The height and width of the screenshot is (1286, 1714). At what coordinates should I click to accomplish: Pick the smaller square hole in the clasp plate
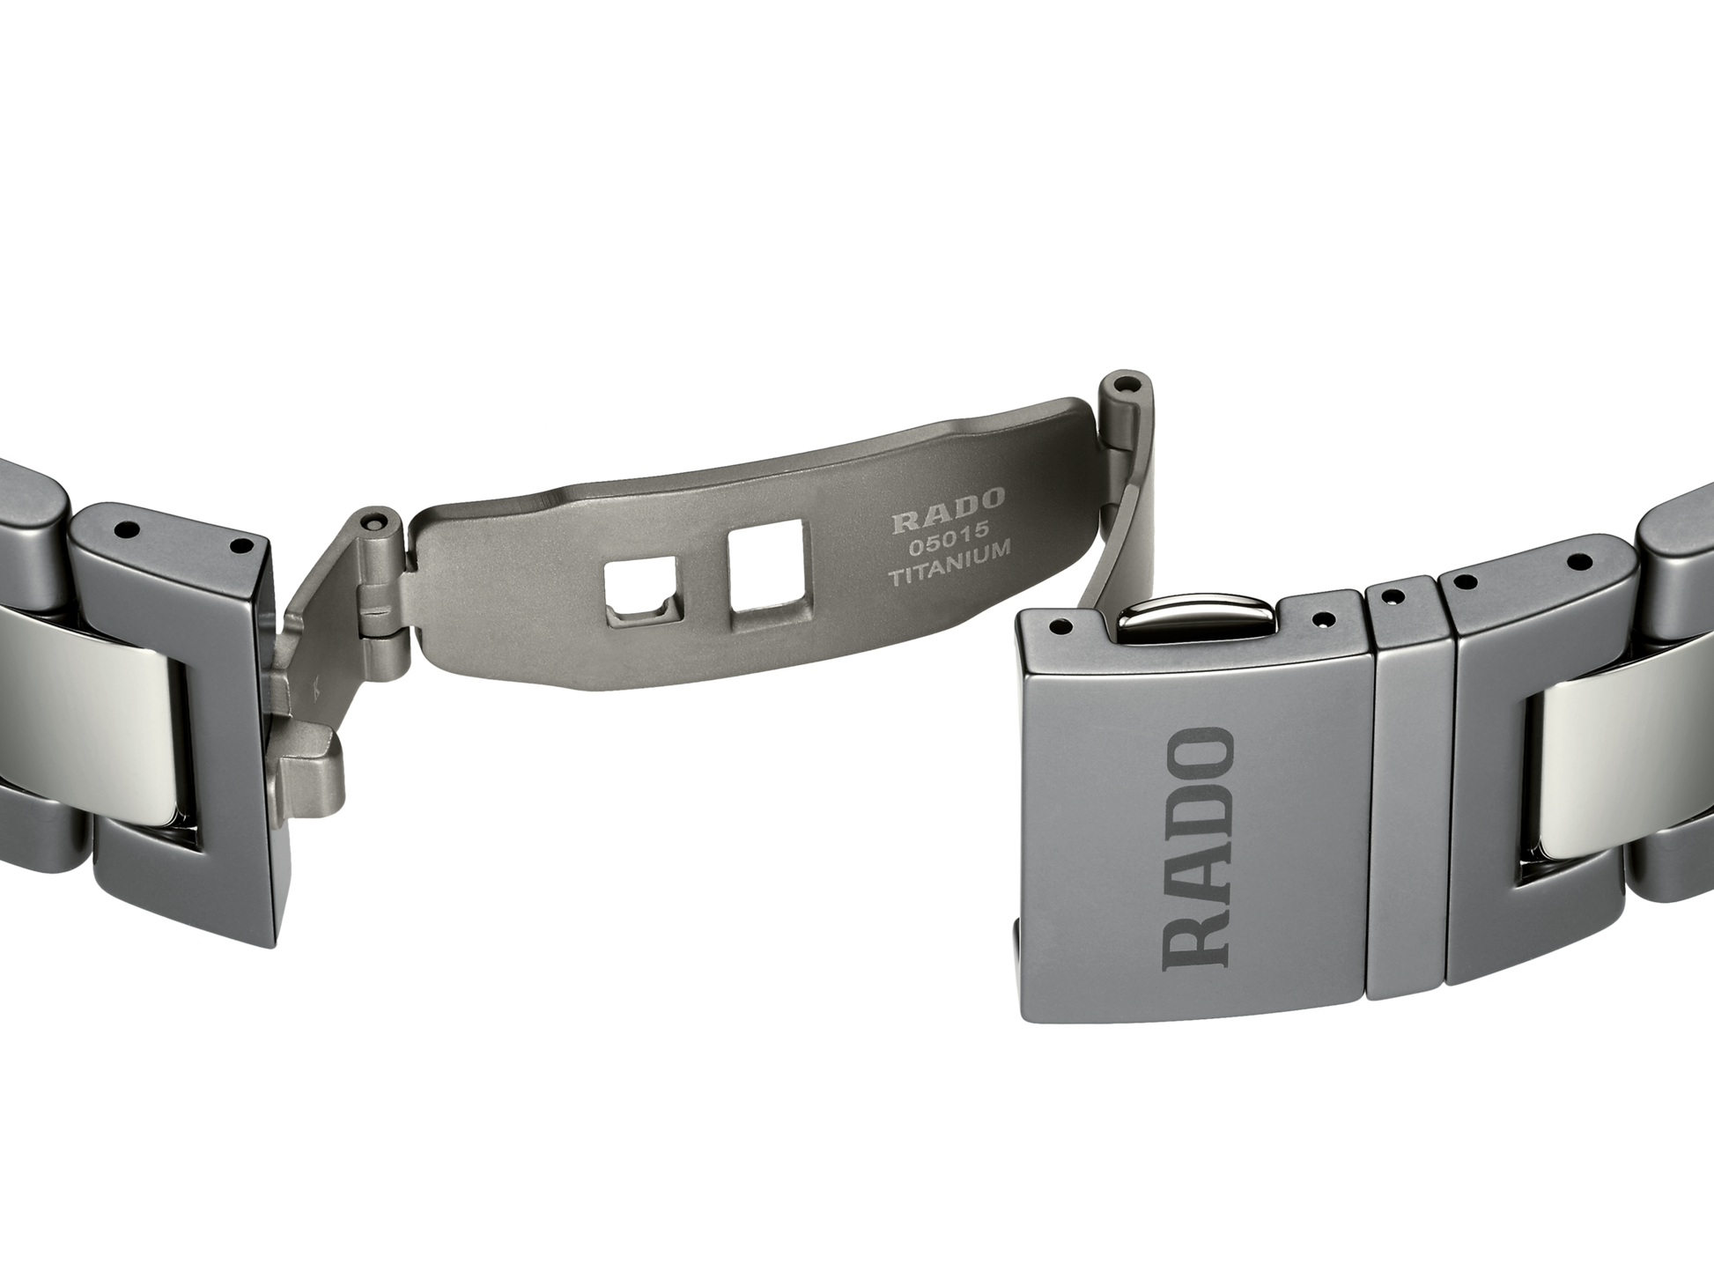[x=641, y=590]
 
